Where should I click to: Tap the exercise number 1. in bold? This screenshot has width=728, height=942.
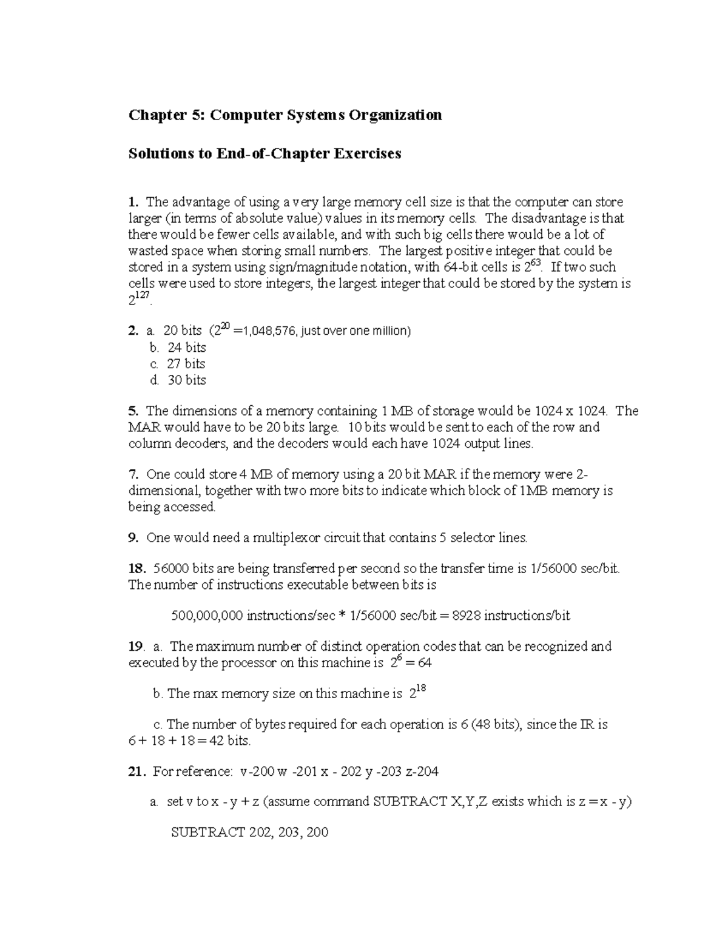click(x=133, y=202)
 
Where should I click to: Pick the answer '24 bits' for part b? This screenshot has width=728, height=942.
click(x=186, y=348)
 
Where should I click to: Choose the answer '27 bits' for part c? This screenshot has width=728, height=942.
click(x=186, y=364)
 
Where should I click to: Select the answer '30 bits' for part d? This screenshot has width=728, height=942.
click(x=186, y=380)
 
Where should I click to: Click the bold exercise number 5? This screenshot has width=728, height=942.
click(x=133, y=411)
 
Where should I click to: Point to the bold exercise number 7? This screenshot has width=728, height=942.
click(x=133, y=474)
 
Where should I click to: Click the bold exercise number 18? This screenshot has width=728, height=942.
click(x=136, y=569)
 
